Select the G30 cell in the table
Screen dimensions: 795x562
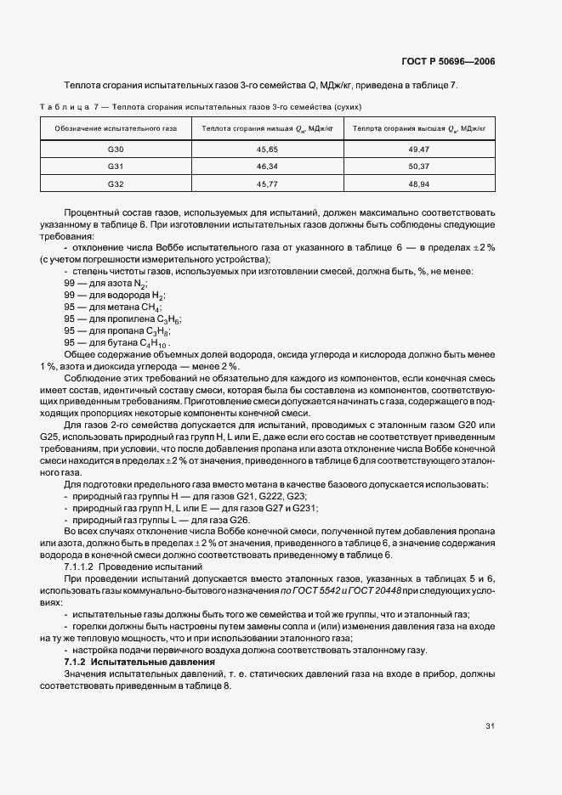click(116, 149)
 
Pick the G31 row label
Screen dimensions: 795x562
click(116, 166)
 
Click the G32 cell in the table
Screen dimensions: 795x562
click(116, 183)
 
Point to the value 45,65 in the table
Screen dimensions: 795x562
click(268, 149)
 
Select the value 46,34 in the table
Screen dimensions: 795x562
click(268, 166)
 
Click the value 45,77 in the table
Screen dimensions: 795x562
click(268, 183)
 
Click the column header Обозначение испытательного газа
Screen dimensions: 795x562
click(116, 128)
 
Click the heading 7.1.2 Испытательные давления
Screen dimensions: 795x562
click(139, 661)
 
